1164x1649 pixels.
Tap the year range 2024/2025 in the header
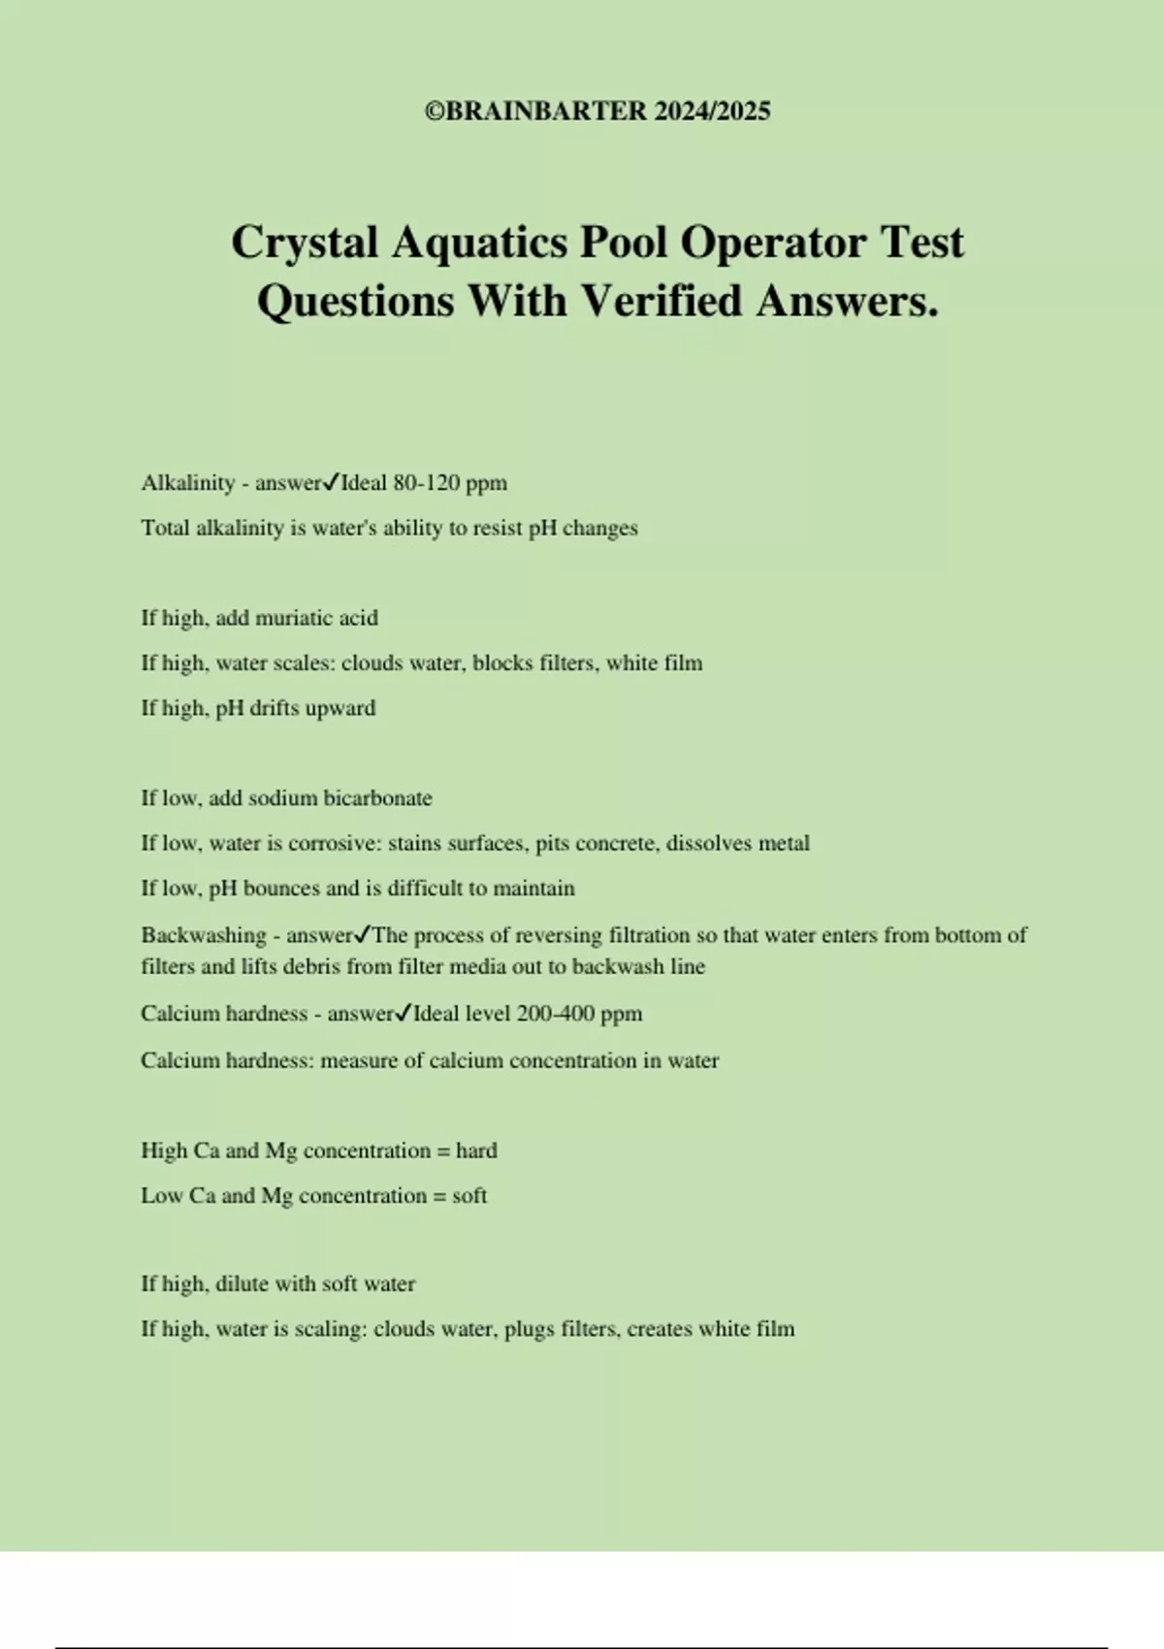click(712, 112)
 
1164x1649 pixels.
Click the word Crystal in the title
click(305, 242)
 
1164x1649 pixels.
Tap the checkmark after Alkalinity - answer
click(331, 481)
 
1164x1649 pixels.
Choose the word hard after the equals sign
click(476, 1150)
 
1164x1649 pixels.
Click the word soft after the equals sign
click(469, 1196)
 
